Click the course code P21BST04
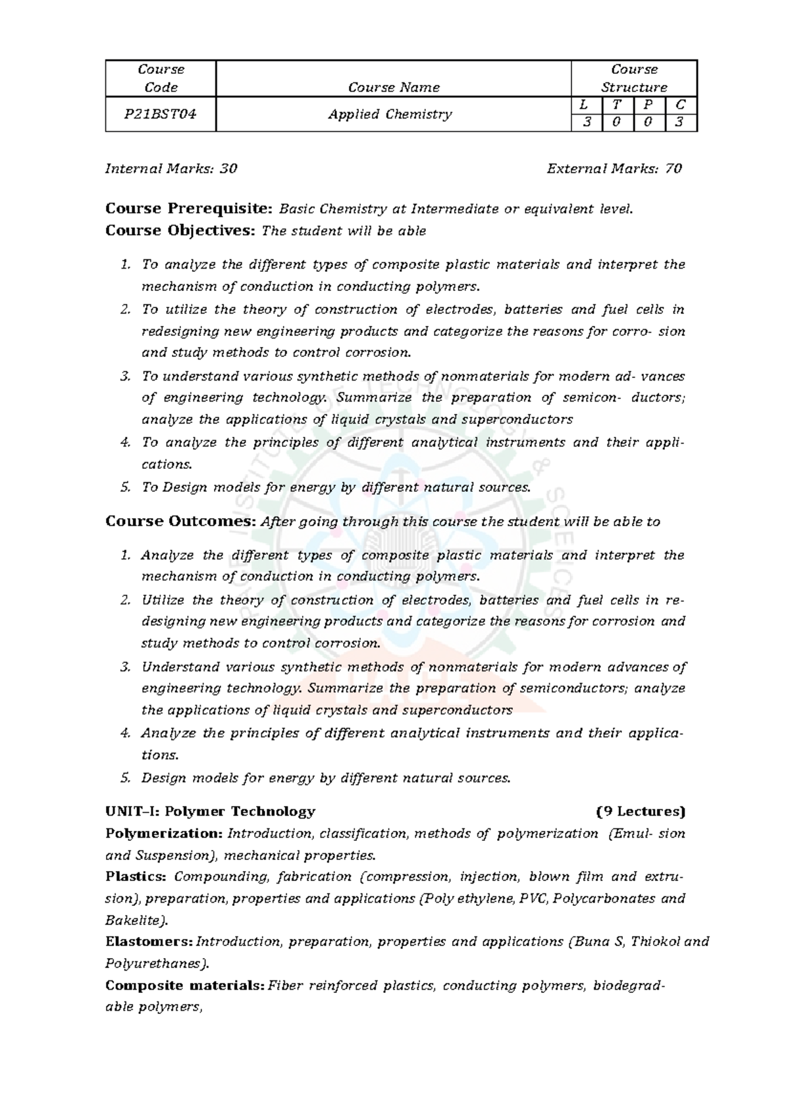point(160,114)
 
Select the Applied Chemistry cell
point(390,114)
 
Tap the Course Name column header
point(394,87)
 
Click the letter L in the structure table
point(586,105)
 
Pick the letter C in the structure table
point(680,105)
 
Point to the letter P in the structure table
point(648,105)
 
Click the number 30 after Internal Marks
point(228,169)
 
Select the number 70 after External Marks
point(673,169)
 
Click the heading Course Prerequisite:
point(189,209)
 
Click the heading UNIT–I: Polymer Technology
point(210,811)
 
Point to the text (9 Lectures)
point(641,811)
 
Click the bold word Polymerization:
point(165,834)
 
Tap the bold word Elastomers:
point(149,942)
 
